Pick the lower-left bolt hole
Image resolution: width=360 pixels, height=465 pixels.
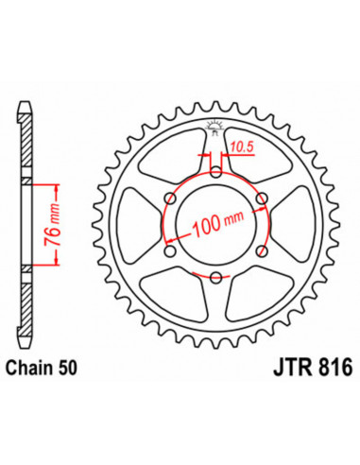click(x=170, y=250)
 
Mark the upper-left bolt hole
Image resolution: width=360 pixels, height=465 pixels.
click(x=170, y=198)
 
